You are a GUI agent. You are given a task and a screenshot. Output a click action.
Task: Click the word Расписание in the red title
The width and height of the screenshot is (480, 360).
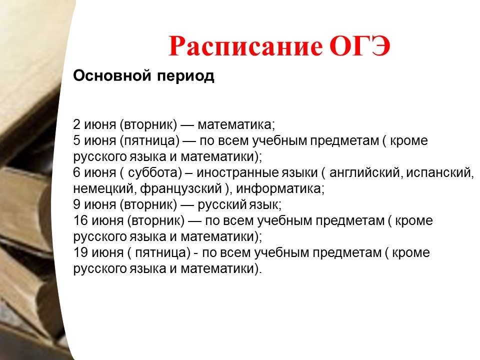pos(245,47)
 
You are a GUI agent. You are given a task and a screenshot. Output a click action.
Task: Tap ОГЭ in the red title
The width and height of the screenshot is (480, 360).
pos(360,46)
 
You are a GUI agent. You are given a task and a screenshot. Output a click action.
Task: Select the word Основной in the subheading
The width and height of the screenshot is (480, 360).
pos(112,75)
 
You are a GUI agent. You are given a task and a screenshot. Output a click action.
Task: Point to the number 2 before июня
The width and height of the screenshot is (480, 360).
pos(76,124)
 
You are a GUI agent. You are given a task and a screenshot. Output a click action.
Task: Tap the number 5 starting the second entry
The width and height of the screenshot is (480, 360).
pos(76,140)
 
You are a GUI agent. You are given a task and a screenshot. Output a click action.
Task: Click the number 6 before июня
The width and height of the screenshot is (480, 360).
pos(76,172)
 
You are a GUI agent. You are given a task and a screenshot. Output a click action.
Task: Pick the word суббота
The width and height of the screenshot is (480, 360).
pos(153,172)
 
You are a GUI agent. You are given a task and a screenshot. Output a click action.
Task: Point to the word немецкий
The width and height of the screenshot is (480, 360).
pos(103,188)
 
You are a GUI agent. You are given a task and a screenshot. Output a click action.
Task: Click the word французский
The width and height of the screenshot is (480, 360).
pos(181,189)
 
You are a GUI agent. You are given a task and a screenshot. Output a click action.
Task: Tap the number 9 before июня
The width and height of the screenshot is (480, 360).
pos(76,204)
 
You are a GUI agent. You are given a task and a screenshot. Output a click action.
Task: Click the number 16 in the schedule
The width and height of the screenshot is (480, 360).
pos(80,220)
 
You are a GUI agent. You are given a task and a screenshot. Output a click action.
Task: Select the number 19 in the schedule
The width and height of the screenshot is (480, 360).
pos(80,252)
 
